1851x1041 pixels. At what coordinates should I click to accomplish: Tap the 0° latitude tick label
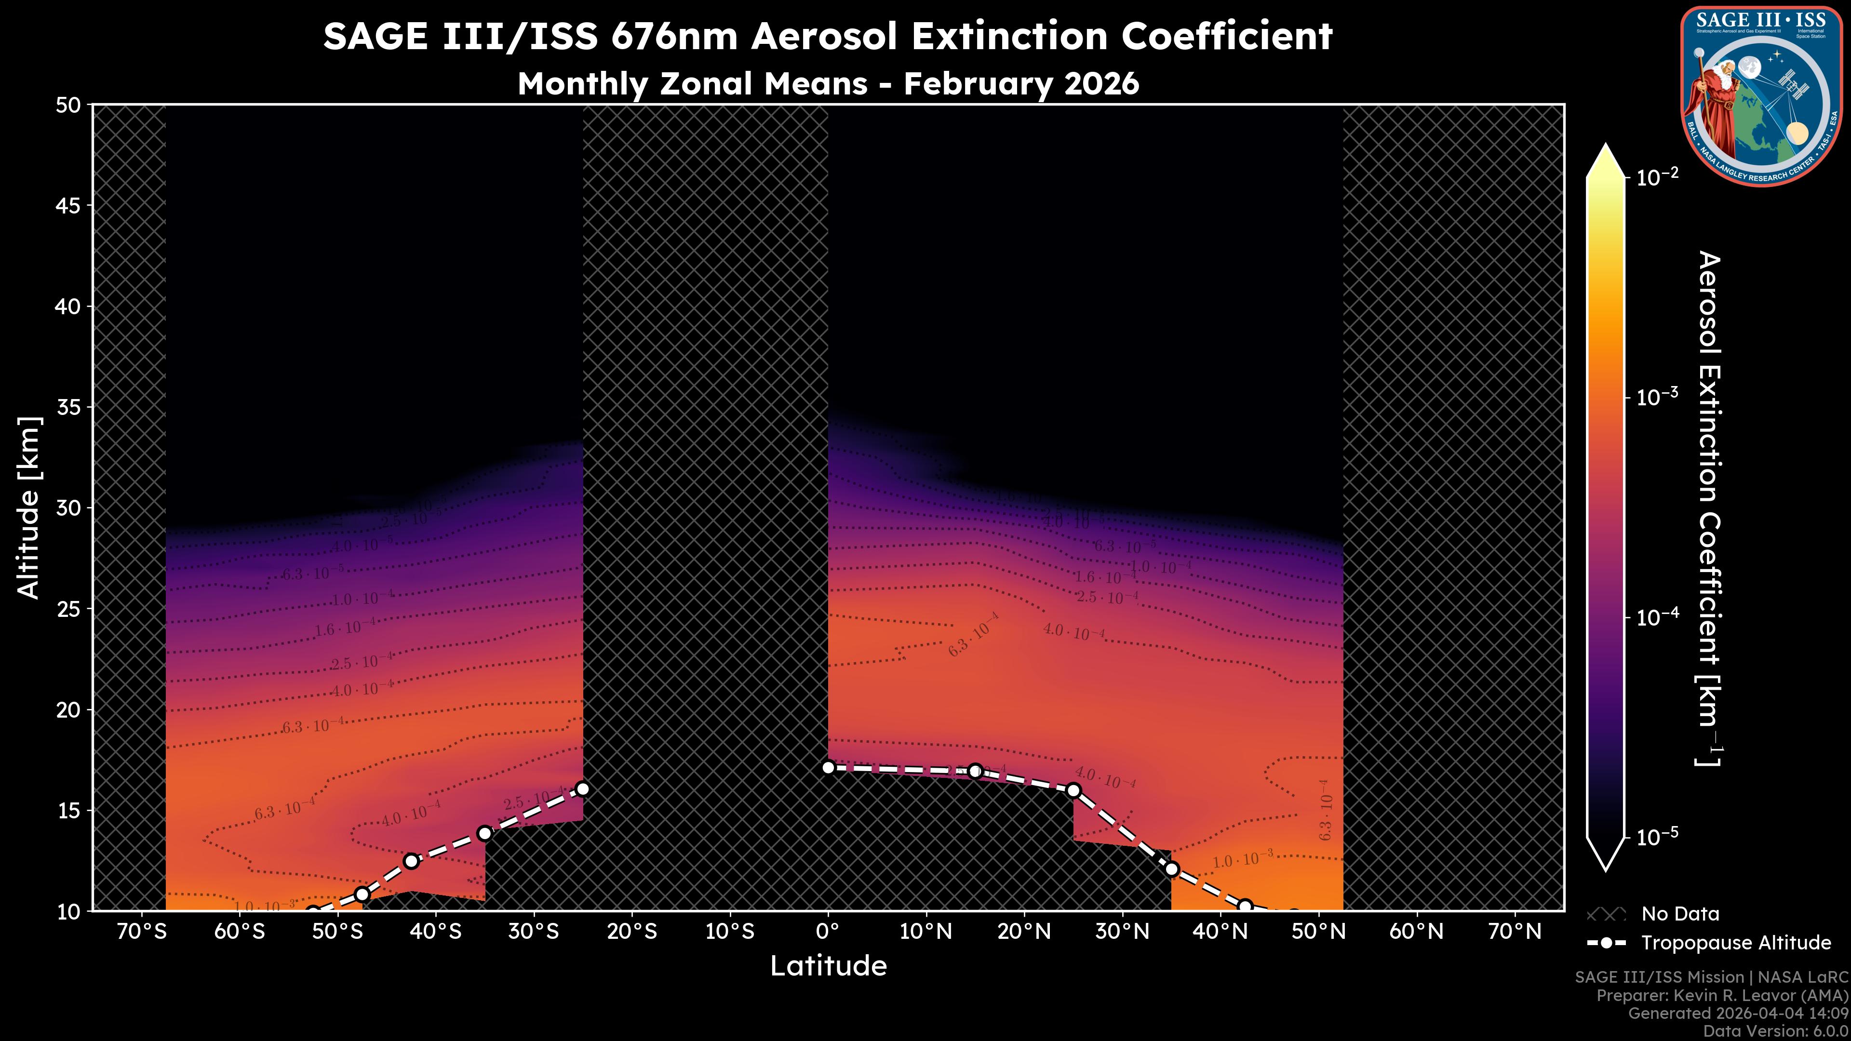828,932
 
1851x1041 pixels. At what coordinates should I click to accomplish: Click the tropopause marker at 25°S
583,789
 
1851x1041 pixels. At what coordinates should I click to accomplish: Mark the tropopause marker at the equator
828,767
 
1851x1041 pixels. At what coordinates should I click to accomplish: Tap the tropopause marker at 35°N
1171,869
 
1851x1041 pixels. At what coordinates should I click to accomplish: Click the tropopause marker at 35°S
485,833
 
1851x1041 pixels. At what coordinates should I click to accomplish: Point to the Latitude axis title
828,966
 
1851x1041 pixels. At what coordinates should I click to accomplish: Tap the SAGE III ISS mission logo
1764,95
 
